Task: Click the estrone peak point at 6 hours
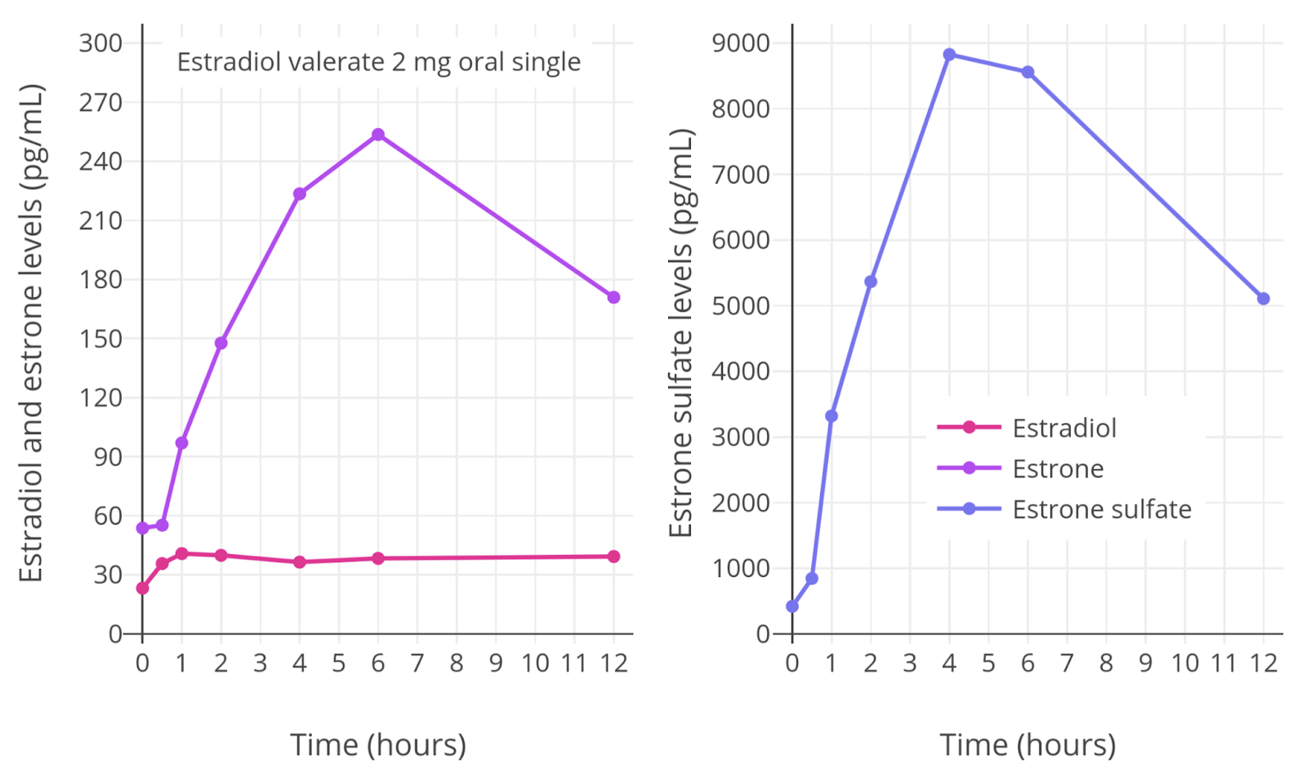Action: click(x=378, y=135)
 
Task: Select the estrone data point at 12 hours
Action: click(x=613, y=297)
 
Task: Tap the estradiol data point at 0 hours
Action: click(x=142, y=588)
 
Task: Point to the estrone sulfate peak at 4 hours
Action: click(x=949, y=55)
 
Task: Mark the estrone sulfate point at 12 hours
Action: click(x=1264, y=299)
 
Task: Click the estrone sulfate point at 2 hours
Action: click(x=871, y=282)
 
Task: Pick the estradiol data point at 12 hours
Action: click(x=613, y=557)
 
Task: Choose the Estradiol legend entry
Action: click(x=1064, y=428)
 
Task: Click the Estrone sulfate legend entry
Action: click(x=1101, y=509)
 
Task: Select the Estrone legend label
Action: click(x=1058, y=468)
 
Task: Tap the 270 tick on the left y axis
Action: click(x=100, y=103)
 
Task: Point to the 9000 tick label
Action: click(x=741, y=43)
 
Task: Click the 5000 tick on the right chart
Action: click(x=741, y=306)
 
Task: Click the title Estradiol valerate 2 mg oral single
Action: click(x=379, y=62)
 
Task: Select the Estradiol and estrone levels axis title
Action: click(x=30, y=333)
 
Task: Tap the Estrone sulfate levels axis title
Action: click(x=680, y=333)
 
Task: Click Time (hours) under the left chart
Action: click(x=378, y=744)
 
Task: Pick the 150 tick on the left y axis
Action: click(x=100, y=339)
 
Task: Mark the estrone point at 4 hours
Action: click(x=300, y=193)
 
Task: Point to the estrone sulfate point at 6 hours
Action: click(x=1028, y=72)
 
